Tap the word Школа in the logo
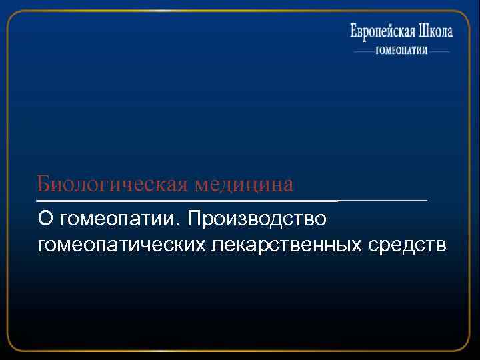(x=435, y=32)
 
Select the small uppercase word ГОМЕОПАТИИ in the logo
(x=401, y=51)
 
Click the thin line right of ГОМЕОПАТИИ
(x=439, y=51)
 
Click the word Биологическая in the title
(x=113, y=183)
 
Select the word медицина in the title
(x=244, y=183)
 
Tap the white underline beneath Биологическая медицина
(x=232, y=200)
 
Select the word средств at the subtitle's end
(x=407, y=245)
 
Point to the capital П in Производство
(x=197, y=219)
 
